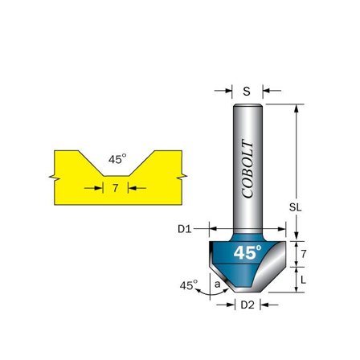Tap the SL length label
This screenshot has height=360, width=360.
coord(294,207)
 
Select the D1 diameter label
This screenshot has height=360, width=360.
coord(184,228)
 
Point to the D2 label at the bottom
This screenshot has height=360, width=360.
coord(247,305)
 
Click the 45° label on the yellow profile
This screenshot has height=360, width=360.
coord(117,159)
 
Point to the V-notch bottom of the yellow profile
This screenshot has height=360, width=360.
coord(117,178)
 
